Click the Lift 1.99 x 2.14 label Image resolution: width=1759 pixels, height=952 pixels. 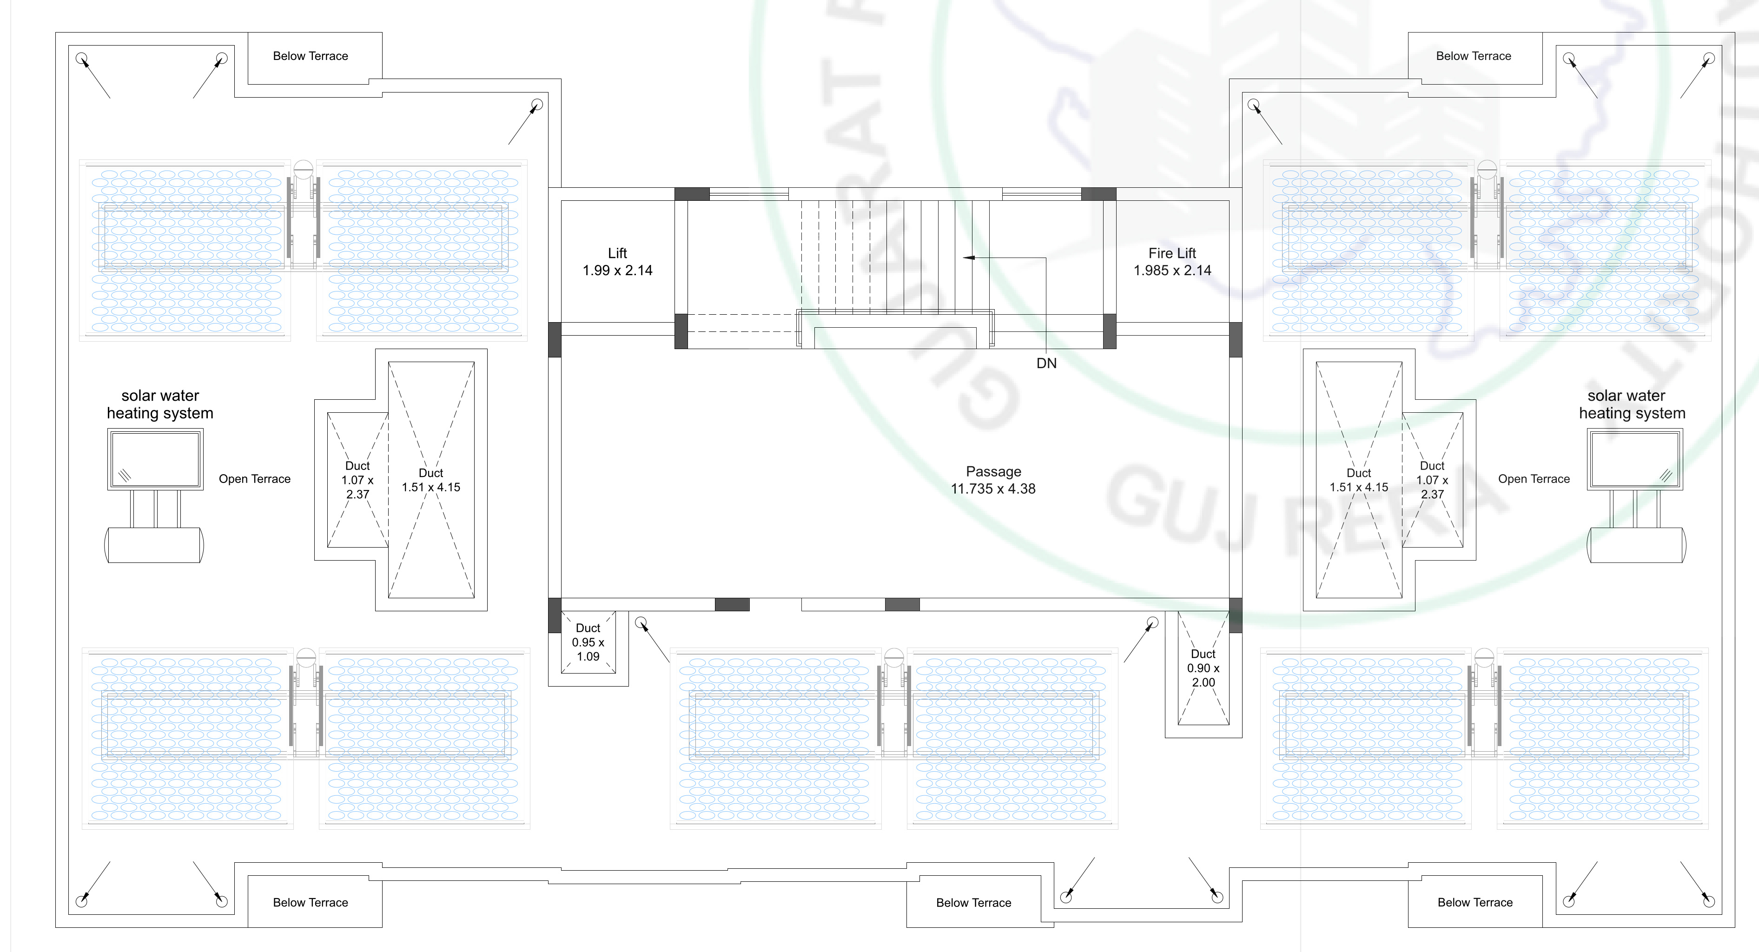[x=617, y=262]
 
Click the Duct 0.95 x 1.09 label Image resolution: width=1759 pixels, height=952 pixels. [x=588, y=642]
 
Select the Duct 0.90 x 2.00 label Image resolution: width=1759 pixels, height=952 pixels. [x=1203, y=668]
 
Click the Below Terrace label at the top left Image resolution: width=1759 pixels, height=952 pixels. [x=310, y=56]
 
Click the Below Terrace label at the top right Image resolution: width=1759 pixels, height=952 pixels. [x=1473, y=56]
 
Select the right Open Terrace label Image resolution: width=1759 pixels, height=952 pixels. [x=1534, y=479]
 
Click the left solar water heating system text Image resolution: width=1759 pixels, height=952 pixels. [x=160, y=404]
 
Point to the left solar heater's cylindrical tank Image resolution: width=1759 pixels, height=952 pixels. [x=154, y=545]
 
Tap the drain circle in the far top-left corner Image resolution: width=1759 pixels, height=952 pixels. [x=81, y=58]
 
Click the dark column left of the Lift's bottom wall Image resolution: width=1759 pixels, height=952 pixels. [x=555, y=339]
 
